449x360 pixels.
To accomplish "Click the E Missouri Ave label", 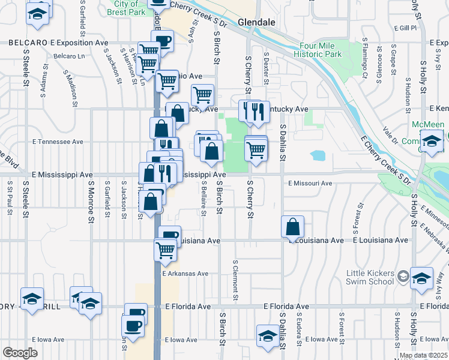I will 310,183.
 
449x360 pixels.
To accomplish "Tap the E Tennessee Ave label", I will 58,142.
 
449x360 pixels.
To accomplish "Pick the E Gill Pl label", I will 405,28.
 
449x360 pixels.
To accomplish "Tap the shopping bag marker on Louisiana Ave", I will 292,228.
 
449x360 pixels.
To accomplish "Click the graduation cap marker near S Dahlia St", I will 268,337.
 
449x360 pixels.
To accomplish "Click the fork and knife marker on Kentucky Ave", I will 258,112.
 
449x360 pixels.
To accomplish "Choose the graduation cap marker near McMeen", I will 431,143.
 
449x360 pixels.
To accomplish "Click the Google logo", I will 19,353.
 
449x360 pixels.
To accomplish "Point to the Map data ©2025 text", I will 423,355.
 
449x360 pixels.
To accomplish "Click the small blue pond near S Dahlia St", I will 318,155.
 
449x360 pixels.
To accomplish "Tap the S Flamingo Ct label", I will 364,59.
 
